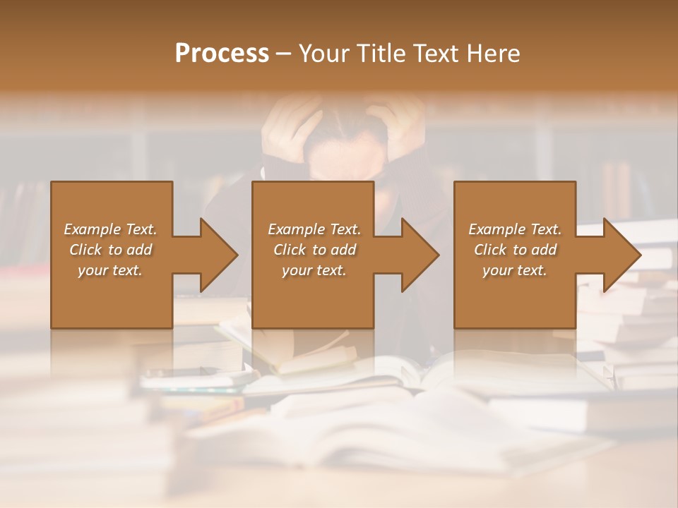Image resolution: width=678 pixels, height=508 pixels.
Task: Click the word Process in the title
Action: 222,54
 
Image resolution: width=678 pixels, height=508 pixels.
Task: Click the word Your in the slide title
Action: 324,54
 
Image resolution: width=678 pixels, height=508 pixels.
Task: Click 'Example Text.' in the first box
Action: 110,229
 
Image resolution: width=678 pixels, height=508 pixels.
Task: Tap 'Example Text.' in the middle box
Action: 314,229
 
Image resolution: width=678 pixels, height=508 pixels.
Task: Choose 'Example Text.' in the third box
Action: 515,229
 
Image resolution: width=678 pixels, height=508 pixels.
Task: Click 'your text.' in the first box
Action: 110,270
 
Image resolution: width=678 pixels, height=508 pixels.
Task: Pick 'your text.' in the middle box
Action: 314,270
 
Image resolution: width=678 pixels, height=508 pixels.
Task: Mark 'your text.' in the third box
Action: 515,270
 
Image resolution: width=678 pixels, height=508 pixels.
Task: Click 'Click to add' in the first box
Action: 110,250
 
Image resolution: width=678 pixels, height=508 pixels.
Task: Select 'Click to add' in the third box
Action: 515,250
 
